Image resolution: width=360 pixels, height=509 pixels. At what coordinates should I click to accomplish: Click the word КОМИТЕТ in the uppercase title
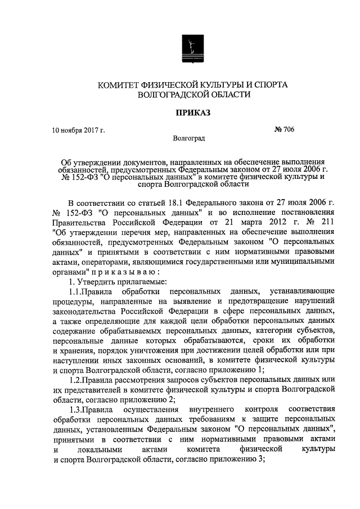[120, 84]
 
